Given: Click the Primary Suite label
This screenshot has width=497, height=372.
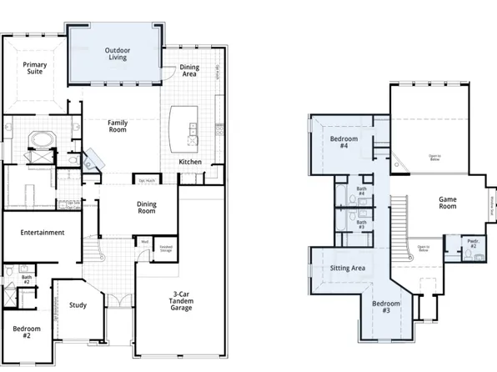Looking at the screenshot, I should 34,68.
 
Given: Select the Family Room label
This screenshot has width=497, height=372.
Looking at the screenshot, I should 117,126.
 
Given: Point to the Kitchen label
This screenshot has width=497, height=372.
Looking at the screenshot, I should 190,161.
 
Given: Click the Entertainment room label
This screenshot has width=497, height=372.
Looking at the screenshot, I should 43,233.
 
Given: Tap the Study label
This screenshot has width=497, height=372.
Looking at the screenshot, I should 78,305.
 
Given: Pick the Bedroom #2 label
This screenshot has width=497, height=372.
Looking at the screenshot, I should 27,332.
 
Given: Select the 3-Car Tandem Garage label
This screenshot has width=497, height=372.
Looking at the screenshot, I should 181,301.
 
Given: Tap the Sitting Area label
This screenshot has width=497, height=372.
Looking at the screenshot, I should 349,269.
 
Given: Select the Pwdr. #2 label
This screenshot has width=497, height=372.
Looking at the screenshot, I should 471,244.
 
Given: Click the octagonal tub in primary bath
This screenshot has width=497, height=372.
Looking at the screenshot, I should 40,138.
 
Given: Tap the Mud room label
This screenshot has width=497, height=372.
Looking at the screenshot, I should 143,242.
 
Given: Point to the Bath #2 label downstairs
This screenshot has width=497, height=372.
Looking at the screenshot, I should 27,279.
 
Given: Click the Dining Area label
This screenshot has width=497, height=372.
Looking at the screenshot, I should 189,71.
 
